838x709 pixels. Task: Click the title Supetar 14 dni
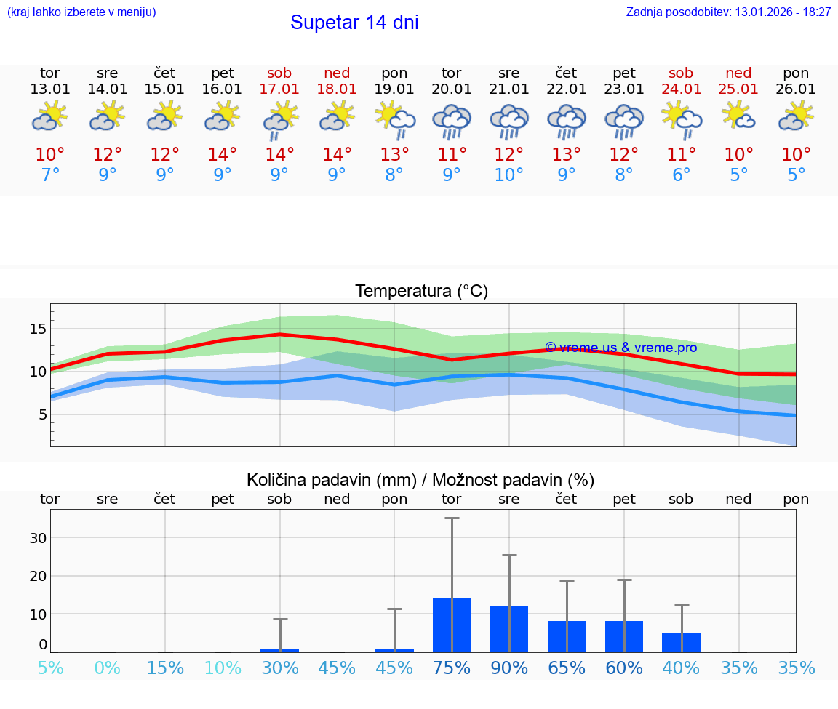(x=354, y=23)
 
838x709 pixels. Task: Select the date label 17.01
(x=279, y=89)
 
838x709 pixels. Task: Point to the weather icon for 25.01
(x=738, y=116)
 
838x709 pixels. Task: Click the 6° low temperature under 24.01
(x=681, y=175)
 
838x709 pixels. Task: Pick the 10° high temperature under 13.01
(x=50, y=155)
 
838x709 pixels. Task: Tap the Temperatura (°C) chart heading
(x=421, y=292)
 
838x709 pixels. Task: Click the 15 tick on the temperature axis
(x=37, y=329)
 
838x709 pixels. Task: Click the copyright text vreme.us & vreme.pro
(x=620, y=348)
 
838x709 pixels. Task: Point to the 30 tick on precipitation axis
(x=37, y=538)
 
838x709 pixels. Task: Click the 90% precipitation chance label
(x=509, y=668)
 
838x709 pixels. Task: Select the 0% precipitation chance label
(x=107, y=668)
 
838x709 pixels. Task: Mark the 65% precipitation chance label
(x=567, y=668)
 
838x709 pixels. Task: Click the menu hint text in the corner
(x=81, y=12)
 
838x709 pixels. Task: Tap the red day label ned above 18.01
(x=337, y=73)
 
